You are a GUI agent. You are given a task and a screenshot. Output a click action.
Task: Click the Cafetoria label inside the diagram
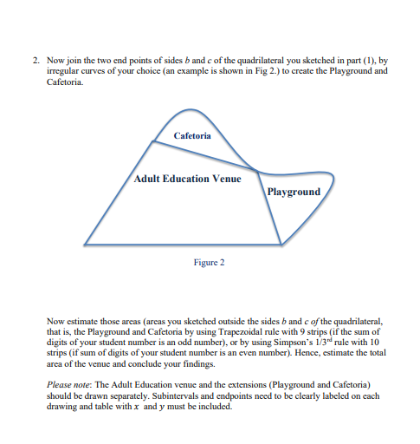(192, 136)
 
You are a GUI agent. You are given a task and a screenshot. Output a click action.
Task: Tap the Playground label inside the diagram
(294, 191)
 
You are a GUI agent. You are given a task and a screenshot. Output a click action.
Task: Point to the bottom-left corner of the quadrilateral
(84, 245)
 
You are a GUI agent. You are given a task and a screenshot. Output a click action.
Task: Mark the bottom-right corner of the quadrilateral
(279, 245)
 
